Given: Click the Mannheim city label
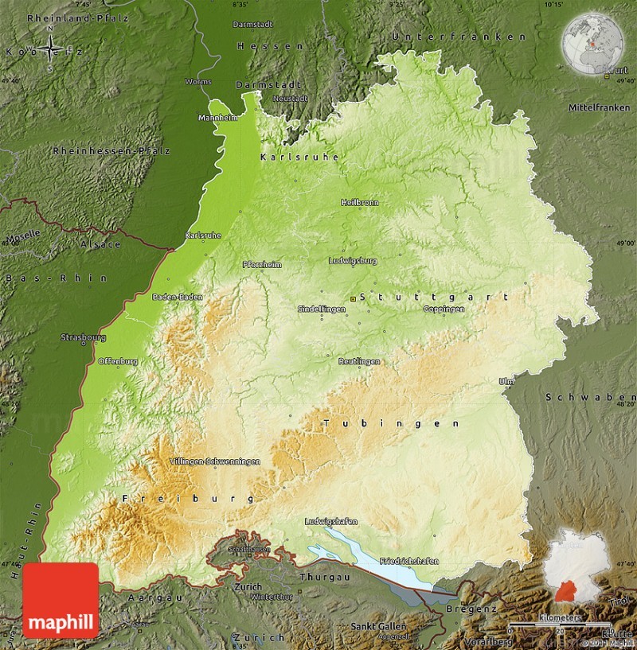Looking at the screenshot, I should click(x=218, y=118).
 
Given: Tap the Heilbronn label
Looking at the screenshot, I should click(x=359, y=203).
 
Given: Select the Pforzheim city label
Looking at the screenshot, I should click(x=262, y=265).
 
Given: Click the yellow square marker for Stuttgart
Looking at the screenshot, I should click(x=354, y=298).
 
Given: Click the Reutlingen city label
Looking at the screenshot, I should click(x=358, y=361).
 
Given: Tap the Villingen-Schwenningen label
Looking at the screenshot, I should click(x=215, y=461).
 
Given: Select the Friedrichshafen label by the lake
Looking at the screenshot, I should click(x=409, y=561).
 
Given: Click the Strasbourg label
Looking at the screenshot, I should click(x=83, y=337).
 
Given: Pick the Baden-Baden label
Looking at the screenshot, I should click(x=174, y=297).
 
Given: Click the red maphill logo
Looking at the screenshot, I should click(x=61, y=600).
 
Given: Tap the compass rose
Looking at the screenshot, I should click(x=52, y=49).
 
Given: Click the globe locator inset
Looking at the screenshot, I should click(x=592, y=45).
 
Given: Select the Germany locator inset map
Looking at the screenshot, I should click(x=579, y=565).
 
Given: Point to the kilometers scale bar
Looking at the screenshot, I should click(x=557, y=624).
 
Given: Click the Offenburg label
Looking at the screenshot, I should click(x=118, y=361).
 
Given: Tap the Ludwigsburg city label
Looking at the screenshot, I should click(x=353, y=260).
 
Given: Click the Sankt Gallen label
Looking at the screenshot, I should click(x=379, y=626).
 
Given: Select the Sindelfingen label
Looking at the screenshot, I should click(x=321, y=308).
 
